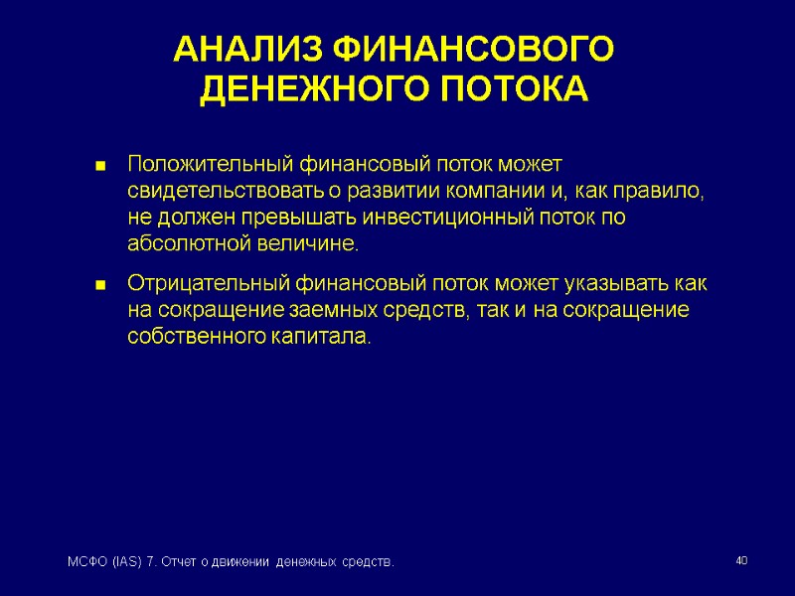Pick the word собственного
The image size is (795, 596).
point(193,338)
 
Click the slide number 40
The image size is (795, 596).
point(740,562)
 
